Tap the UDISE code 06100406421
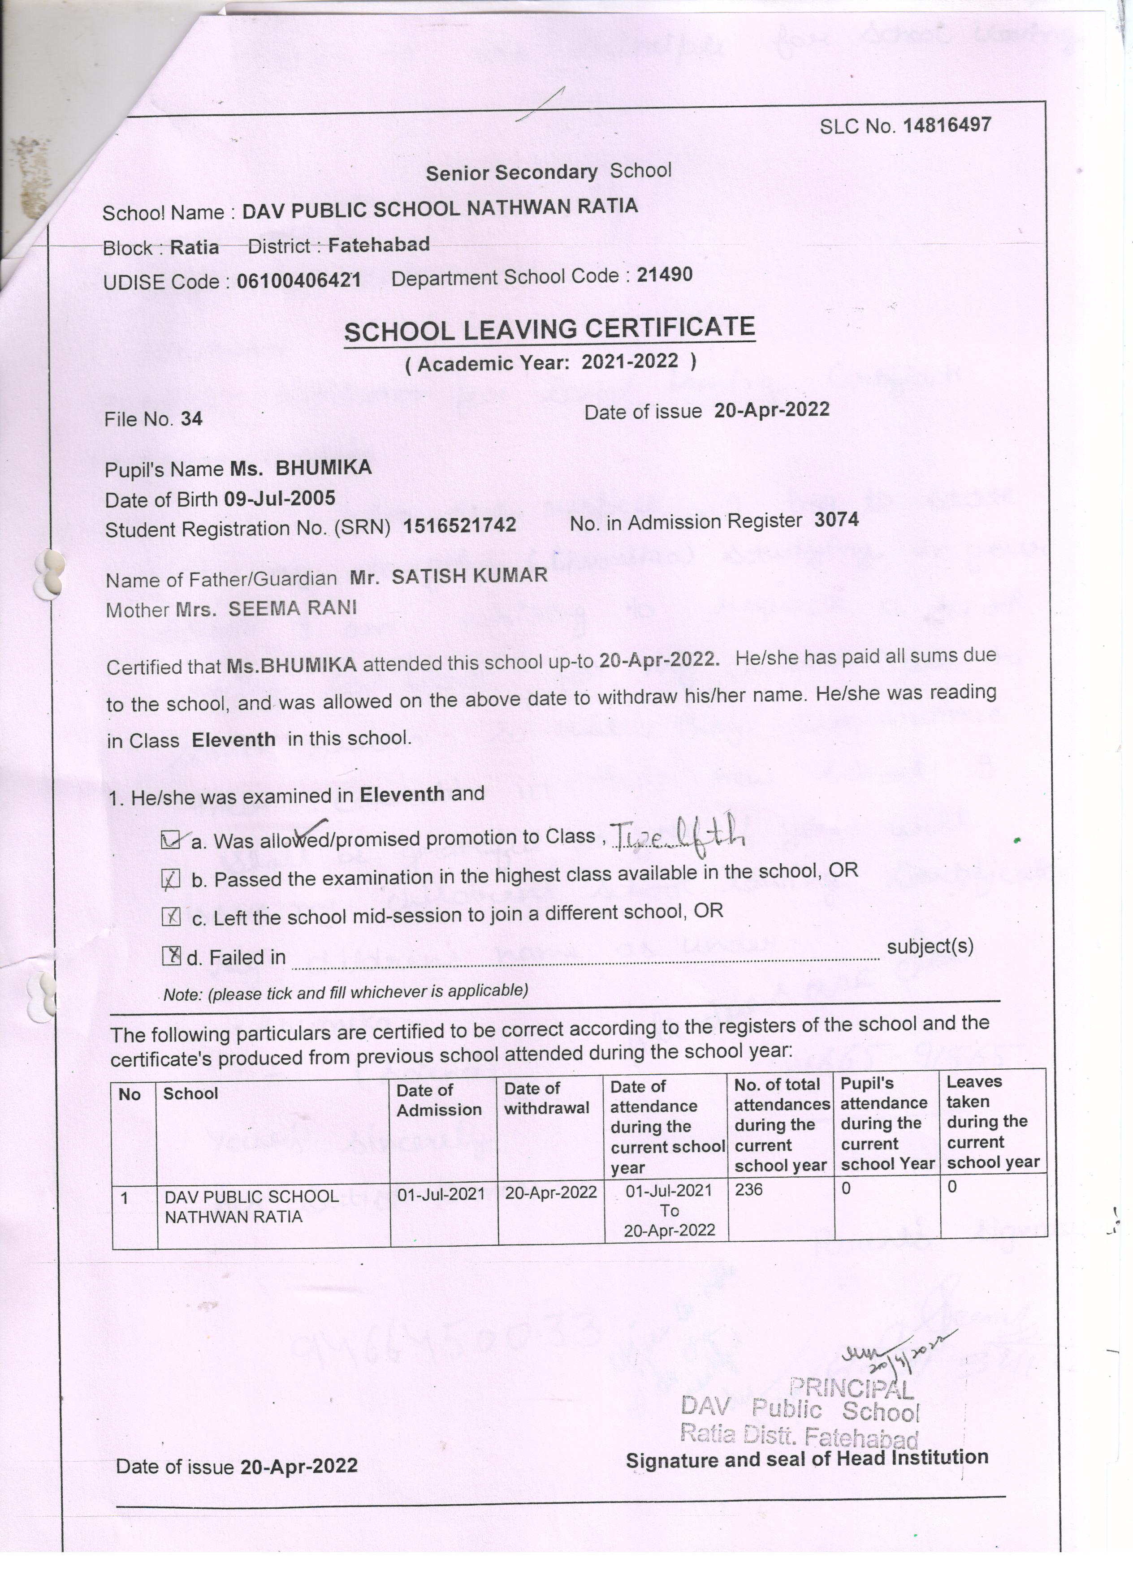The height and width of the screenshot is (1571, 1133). click(x=298, y=280)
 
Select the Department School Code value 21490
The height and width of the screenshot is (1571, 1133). click(x=665, y=275)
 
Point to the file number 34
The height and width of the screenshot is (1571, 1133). click(x=191, y=418)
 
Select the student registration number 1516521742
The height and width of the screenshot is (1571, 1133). click(x=459, y=525)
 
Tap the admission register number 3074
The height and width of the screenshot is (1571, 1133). click(x=836, y=520)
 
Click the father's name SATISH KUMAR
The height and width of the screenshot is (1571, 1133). click(x=469, y=575)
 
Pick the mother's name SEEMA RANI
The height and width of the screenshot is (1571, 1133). click(x=292, y=608)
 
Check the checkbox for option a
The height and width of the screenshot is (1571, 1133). click(x=170, y=841)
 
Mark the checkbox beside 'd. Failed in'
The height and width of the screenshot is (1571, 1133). click(x=170, y=956)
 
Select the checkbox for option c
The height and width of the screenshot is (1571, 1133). click(x=170, y=917)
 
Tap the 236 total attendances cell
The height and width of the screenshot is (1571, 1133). click(x=748, y=1189)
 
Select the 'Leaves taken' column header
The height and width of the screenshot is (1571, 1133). click(x=992, y=1122)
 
